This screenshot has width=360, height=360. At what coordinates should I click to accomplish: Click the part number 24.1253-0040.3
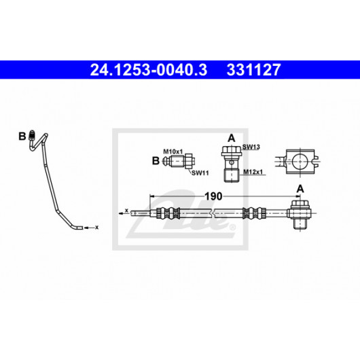[149, 69]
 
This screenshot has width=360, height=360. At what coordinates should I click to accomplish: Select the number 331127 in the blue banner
[254, 69]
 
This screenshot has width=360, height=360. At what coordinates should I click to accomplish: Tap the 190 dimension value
[213, 196]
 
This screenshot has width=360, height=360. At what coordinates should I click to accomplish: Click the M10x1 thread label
[173, 151]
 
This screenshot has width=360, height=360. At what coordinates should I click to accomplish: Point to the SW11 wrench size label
[200, 173]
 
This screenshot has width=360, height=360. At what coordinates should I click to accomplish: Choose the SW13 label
[251, 147]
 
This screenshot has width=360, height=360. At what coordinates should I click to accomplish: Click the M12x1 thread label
[253, 172]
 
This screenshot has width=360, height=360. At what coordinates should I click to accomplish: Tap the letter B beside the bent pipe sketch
[22, 137]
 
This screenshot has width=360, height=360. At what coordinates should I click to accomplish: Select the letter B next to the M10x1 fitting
[156, 161]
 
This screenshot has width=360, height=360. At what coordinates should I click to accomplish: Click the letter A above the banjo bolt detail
[232, 139]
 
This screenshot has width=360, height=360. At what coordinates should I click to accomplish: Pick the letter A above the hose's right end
[300, 190]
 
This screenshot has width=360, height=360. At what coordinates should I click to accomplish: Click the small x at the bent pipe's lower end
[97, 228]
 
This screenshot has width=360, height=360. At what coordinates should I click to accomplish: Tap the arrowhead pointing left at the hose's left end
[121, 213]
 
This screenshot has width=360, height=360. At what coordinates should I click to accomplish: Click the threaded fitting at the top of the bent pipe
[32, 135]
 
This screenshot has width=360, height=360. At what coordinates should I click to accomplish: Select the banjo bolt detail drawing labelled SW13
[232, 164]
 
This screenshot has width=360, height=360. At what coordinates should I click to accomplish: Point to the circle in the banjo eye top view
[300, 161]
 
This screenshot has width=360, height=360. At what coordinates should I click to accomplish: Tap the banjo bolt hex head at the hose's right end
[300, 203]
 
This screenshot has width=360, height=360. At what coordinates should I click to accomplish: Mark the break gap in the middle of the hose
[213, 213]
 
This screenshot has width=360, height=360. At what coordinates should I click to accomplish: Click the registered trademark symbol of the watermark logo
[232, 227]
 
